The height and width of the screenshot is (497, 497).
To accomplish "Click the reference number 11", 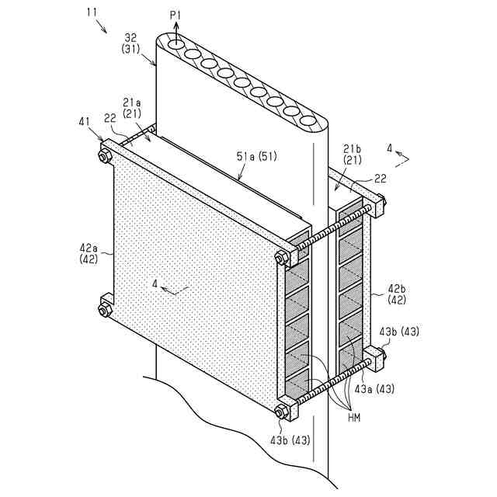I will point(92,13).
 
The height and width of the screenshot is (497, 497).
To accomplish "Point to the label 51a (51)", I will point(257,157).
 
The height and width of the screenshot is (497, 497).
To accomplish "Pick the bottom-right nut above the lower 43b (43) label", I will point(282,412).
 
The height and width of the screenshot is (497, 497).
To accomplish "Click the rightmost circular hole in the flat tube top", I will point(309,123).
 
